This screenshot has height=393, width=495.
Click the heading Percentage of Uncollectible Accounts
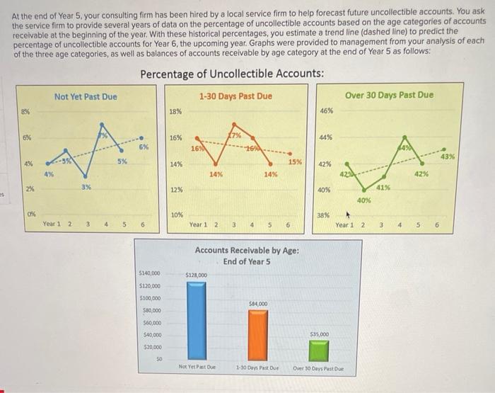(x=233, y=74)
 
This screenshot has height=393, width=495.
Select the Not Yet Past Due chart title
(x=86, y=96)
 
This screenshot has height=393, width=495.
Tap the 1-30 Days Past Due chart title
(x=235, y=96)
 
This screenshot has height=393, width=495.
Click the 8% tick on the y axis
(x=25, y=110)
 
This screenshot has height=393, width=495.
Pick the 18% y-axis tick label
(x=176, y=111)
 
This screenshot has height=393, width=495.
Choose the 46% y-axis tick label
(x=327, y=111)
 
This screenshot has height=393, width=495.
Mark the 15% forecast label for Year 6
(x=295, y=162)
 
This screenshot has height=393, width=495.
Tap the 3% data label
(x=86, y=186)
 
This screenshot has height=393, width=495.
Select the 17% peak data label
(x=234, y=135)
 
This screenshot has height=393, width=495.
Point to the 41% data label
(x=383, y=186)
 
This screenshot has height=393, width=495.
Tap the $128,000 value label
(x=196, y=275)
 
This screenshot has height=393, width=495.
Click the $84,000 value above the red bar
(x=257, y=303)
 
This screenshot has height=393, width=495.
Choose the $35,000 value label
(x=320, y=334)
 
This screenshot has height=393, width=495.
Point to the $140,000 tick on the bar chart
(x=150, y=272)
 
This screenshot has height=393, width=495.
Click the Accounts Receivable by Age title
(x=247, y=256)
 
